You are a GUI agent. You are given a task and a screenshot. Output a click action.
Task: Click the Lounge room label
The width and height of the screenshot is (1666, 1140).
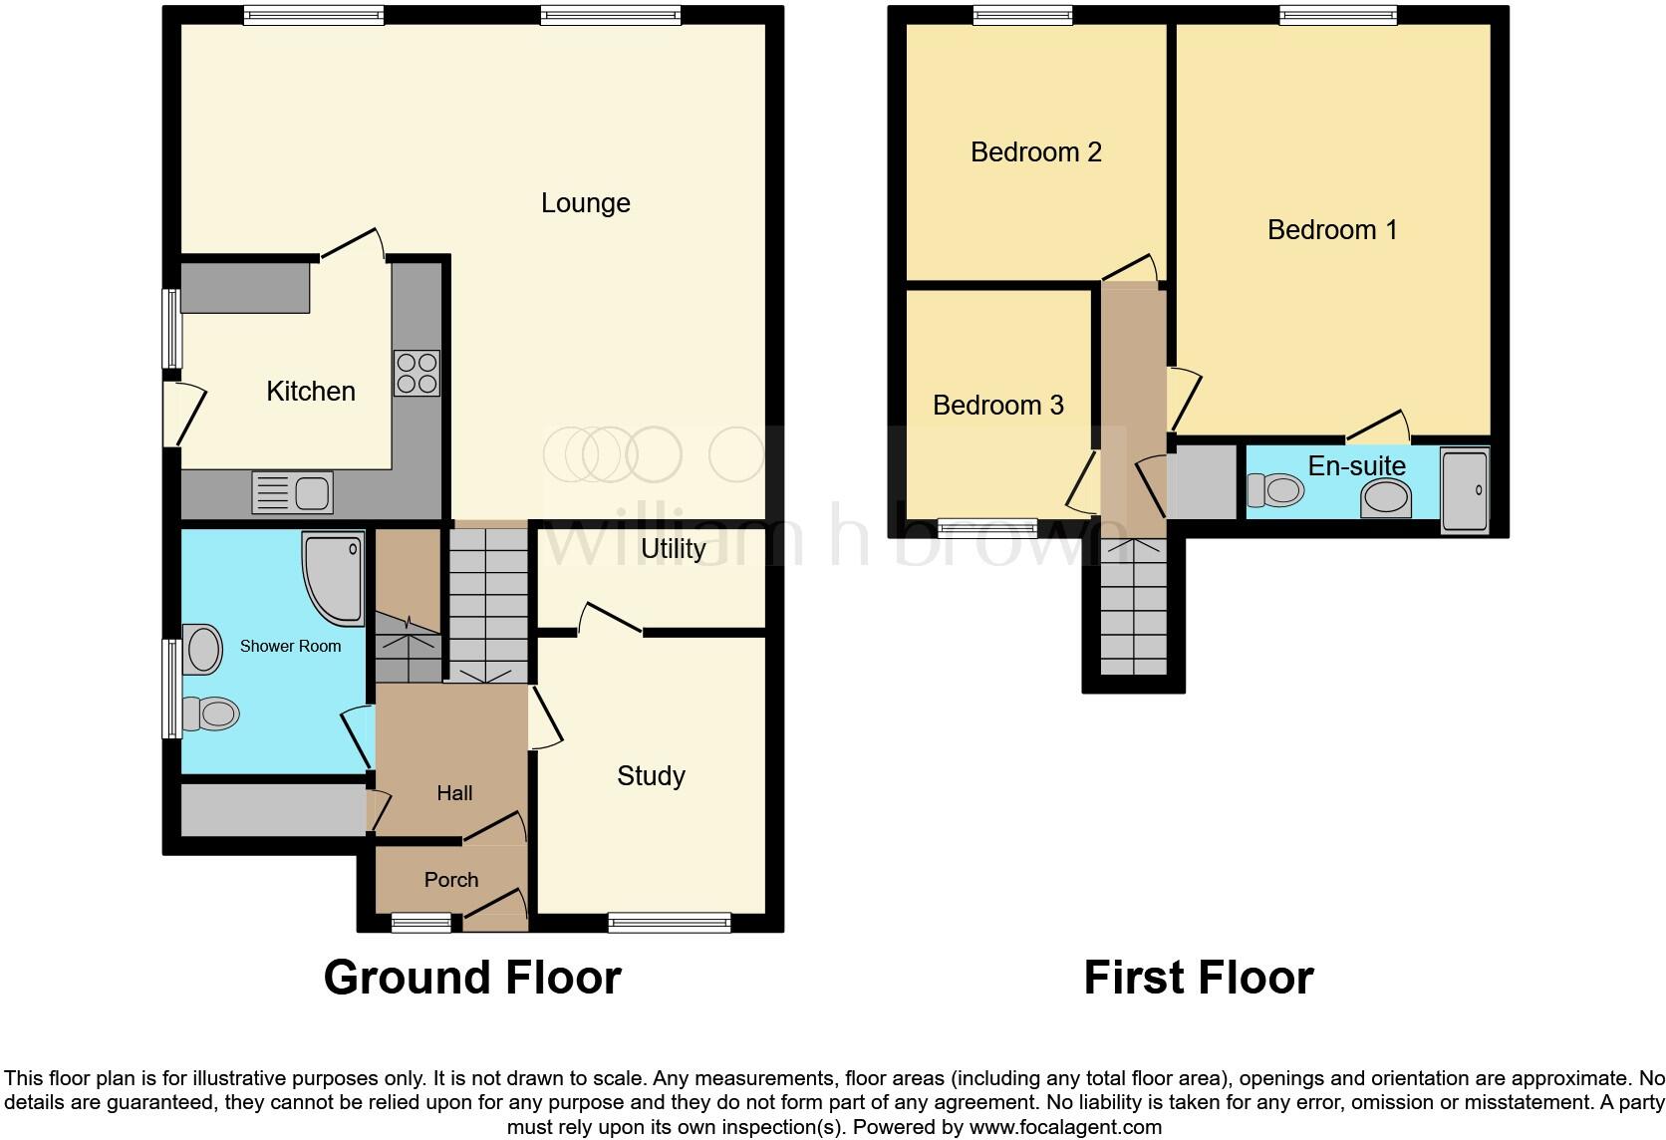pyautogui.click(x=585, y=203)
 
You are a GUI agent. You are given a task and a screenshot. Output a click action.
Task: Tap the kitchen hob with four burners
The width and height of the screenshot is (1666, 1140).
pyautogui.click(x=416, y=374)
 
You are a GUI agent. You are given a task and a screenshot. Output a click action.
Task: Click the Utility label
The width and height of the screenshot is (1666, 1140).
pyautogui.click(x=673, y=549)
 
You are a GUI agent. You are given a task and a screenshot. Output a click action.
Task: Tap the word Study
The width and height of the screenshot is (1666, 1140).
pyautogui.click(x=651, y=776)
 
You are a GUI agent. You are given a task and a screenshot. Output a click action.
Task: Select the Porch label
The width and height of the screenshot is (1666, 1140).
pyautogui.click(x=450, y=880)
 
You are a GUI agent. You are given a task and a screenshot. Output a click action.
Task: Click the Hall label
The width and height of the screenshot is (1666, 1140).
pyautogui.click(x=454, y=793)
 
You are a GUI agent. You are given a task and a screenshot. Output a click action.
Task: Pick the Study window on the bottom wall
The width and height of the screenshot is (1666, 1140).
pyautogui.click(x=669, y=924)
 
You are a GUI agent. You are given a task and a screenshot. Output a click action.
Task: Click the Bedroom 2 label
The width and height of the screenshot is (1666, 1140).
pyautogui.click(x=1035, y=152)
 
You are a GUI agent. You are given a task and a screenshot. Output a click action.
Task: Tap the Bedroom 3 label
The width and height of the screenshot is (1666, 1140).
pyautogui.click(x=997, y=406)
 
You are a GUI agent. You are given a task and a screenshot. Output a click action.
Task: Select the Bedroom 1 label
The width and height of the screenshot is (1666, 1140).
pyautogui.click(x=1331, y=230)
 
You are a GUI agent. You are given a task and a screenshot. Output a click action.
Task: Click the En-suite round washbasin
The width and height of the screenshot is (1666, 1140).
pyautogui.click(x=1386, y=497)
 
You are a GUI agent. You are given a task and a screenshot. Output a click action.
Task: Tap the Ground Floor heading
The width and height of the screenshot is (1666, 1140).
pyautogui.click(x=472, y=978)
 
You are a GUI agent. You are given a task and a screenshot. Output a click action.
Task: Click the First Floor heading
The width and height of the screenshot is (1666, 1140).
pyautogui.click(x=1198, y=978)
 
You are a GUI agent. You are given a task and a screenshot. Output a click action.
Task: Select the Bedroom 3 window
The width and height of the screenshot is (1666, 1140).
pyautogui.click(x=987, y=528)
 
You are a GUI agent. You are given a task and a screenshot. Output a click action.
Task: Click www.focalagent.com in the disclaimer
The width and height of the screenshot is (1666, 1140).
pyautogui.click(x=1065, y=1128)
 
